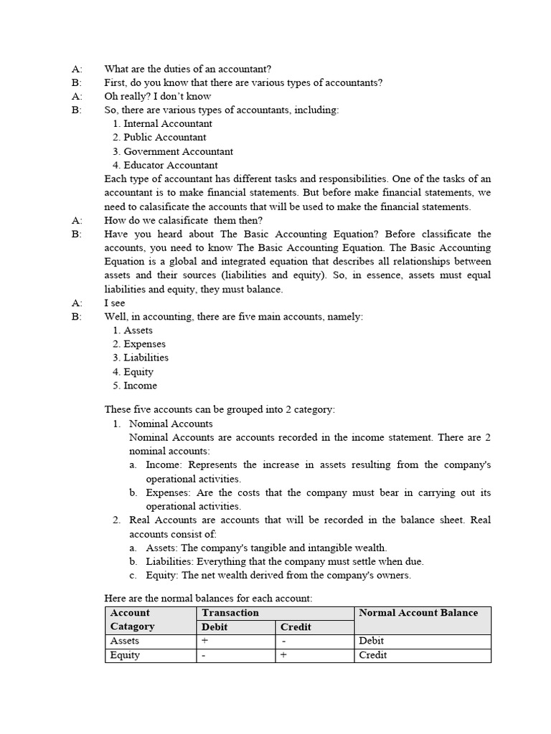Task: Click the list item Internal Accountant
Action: coord(168,123)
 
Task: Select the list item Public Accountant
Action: coord(164,137)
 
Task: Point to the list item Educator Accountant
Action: coord(171,165)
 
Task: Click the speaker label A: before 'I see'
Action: coord(77,303)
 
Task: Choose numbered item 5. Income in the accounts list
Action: coord(140,386)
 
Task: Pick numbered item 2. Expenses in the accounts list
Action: coord(144,344)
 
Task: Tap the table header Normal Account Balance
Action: coord(418,613)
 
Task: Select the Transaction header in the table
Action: coord(230,613)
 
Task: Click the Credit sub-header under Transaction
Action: coord(296,627)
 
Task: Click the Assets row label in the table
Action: coord(125,641)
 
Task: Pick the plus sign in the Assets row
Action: coord(204,641)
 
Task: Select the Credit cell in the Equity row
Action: coord(372,655)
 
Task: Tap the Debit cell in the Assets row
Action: coord(371,641)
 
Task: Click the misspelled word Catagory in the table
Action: coord(132,627)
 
